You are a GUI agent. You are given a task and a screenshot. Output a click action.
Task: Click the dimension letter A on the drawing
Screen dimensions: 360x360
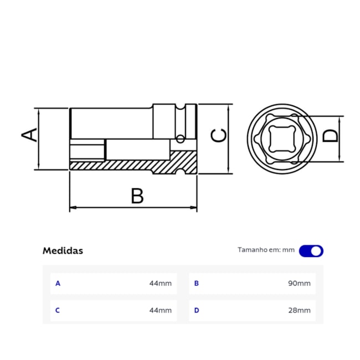pyautogui.click(x=30, y=135)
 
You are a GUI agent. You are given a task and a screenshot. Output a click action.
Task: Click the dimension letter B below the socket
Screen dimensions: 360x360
pyautogui.click(x=137, y=196)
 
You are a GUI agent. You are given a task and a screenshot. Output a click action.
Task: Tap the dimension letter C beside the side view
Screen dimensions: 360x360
pyautogui.click(x=220, y=136)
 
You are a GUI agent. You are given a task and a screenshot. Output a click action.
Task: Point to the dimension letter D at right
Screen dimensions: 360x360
pyautogui.click(x=330, y=135)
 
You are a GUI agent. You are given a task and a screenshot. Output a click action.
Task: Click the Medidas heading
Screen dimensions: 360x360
pyautogui.click(x=63, y=250)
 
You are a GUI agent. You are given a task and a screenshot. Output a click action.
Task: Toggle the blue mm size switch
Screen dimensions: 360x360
pyautogui.click(x=311, y=251)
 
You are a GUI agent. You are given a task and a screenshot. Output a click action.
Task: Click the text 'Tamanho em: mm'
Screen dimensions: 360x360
pyautogui.click(x=266, y=250)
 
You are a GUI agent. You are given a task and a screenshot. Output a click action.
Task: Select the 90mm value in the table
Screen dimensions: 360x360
pyautogui.click(x=300, y=284)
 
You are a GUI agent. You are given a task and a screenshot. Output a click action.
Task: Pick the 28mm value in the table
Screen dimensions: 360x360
pyautogui.click(x=300, y=311)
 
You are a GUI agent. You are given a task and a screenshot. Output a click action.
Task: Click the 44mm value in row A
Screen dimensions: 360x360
pyautogui.click(x=160, y=284)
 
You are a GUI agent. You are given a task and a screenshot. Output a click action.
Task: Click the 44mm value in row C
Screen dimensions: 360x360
pyautogui.click(x=160, y=311)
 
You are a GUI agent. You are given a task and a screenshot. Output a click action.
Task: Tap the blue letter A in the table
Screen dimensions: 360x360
pyautogui.click(x=58, y=284)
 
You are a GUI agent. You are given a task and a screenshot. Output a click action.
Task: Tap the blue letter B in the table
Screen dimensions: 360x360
pyautogui.click(x=196, y=284)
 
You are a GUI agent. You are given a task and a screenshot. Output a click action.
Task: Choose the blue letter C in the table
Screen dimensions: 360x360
pyautogui.click(x=58, y=311)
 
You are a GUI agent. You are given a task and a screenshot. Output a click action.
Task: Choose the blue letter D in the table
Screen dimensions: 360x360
pyautogui.click(x=196, y=311)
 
